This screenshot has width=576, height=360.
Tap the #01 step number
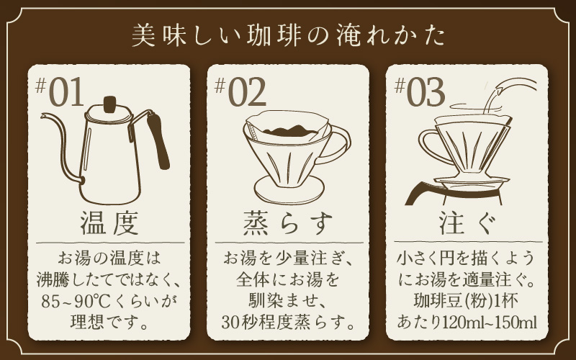point(60,91)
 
